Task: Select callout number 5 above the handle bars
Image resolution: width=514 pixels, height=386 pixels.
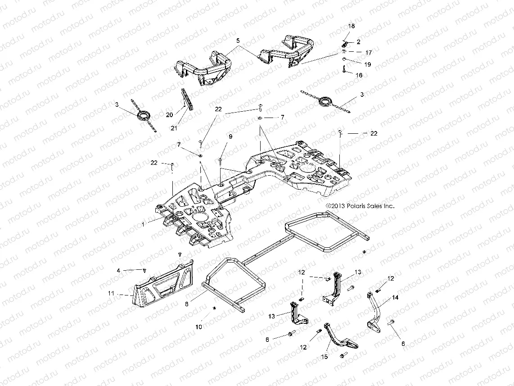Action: click(238, 40)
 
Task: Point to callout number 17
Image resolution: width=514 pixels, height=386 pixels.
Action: click(368, 52)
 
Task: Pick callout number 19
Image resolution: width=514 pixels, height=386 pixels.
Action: click(367, 64)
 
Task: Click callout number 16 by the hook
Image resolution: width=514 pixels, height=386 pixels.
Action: click(359, 75)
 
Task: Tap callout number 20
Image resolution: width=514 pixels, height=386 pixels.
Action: click(169, 115)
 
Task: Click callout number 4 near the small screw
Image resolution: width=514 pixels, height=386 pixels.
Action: click(119, 270)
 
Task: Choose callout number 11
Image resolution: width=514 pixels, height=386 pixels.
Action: click(110, 293)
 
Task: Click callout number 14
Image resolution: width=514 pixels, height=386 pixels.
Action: click(395, 297)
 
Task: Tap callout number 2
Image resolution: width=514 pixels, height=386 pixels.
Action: click(359, 41)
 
